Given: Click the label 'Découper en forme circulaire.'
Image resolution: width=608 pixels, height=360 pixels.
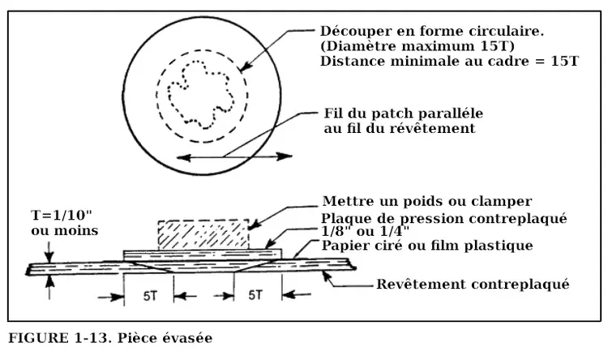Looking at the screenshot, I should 431,31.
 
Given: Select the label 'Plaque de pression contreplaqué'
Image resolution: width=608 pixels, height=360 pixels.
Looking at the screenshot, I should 443,218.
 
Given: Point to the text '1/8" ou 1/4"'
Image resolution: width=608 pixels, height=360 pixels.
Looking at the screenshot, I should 366,231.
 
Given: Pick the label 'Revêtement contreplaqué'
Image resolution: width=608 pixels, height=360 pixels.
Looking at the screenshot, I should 473,284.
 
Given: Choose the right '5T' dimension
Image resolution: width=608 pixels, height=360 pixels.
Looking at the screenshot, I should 256,296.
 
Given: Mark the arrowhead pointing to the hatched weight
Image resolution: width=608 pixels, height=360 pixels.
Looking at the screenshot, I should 254,222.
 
